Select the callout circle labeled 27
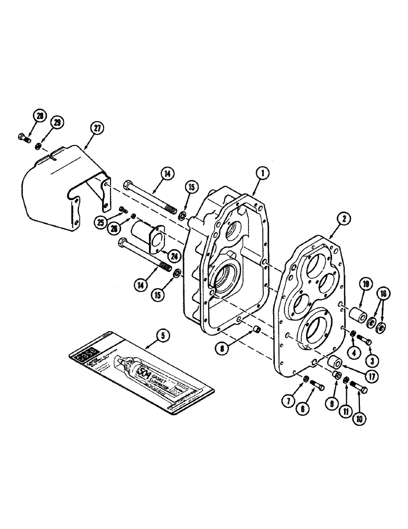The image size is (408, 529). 98,128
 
